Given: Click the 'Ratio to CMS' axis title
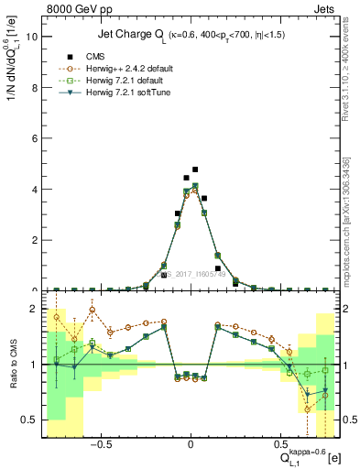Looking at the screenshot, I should pyautogui.click(x=12, y=365).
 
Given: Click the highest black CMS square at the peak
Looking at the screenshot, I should pyautogui.click(x=195, y=169).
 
